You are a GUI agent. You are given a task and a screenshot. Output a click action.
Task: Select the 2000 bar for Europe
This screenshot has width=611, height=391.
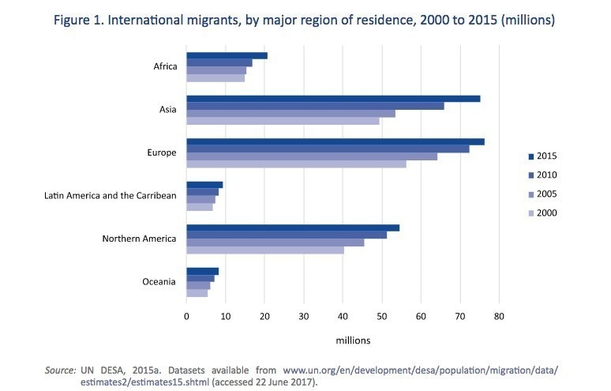pos(296,164)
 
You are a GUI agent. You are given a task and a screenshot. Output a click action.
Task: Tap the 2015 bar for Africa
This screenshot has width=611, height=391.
pos(227,56)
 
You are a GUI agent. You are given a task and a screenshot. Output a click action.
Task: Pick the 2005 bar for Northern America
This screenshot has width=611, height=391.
pos(275,242)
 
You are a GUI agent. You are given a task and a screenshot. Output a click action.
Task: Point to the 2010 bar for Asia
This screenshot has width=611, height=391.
pos(315,106)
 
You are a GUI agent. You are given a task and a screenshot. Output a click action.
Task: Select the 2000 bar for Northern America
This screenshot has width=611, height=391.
pos(264,250)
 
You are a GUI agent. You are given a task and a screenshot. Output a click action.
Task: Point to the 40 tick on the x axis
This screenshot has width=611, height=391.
pos(343,316)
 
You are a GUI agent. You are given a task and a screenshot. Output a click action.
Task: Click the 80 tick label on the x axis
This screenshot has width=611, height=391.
pos(499,316)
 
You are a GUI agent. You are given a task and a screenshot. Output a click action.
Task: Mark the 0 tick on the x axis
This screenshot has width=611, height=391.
pos(186,316)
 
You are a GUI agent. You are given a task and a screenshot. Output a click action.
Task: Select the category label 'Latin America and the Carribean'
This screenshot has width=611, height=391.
pos(110,196)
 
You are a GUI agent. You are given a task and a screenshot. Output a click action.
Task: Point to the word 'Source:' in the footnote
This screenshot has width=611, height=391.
pos(60,370)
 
